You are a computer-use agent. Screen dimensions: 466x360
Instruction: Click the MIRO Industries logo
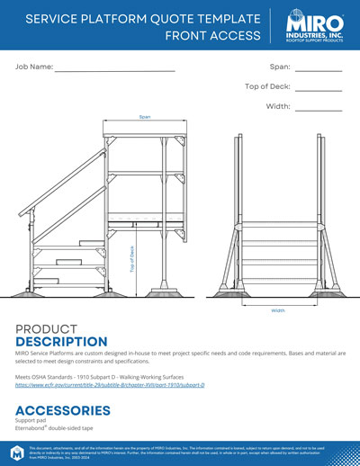coord(313,27)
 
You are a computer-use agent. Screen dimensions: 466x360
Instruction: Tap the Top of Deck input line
coord(319,89)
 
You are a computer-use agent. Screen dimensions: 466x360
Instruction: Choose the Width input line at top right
coord(319,109)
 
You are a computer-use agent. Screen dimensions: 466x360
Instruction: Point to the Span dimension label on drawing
coord(144,117)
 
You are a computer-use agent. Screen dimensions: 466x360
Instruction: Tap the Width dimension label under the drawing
coord(279,310)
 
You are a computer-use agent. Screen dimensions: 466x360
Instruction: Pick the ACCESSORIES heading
coord(63,410)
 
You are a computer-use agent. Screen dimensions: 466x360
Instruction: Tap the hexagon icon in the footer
coord(16,453)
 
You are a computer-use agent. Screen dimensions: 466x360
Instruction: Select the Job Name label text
coord(33,67)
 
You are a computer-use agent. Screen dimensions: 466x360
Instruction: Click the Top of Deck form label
coord(266,87)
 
